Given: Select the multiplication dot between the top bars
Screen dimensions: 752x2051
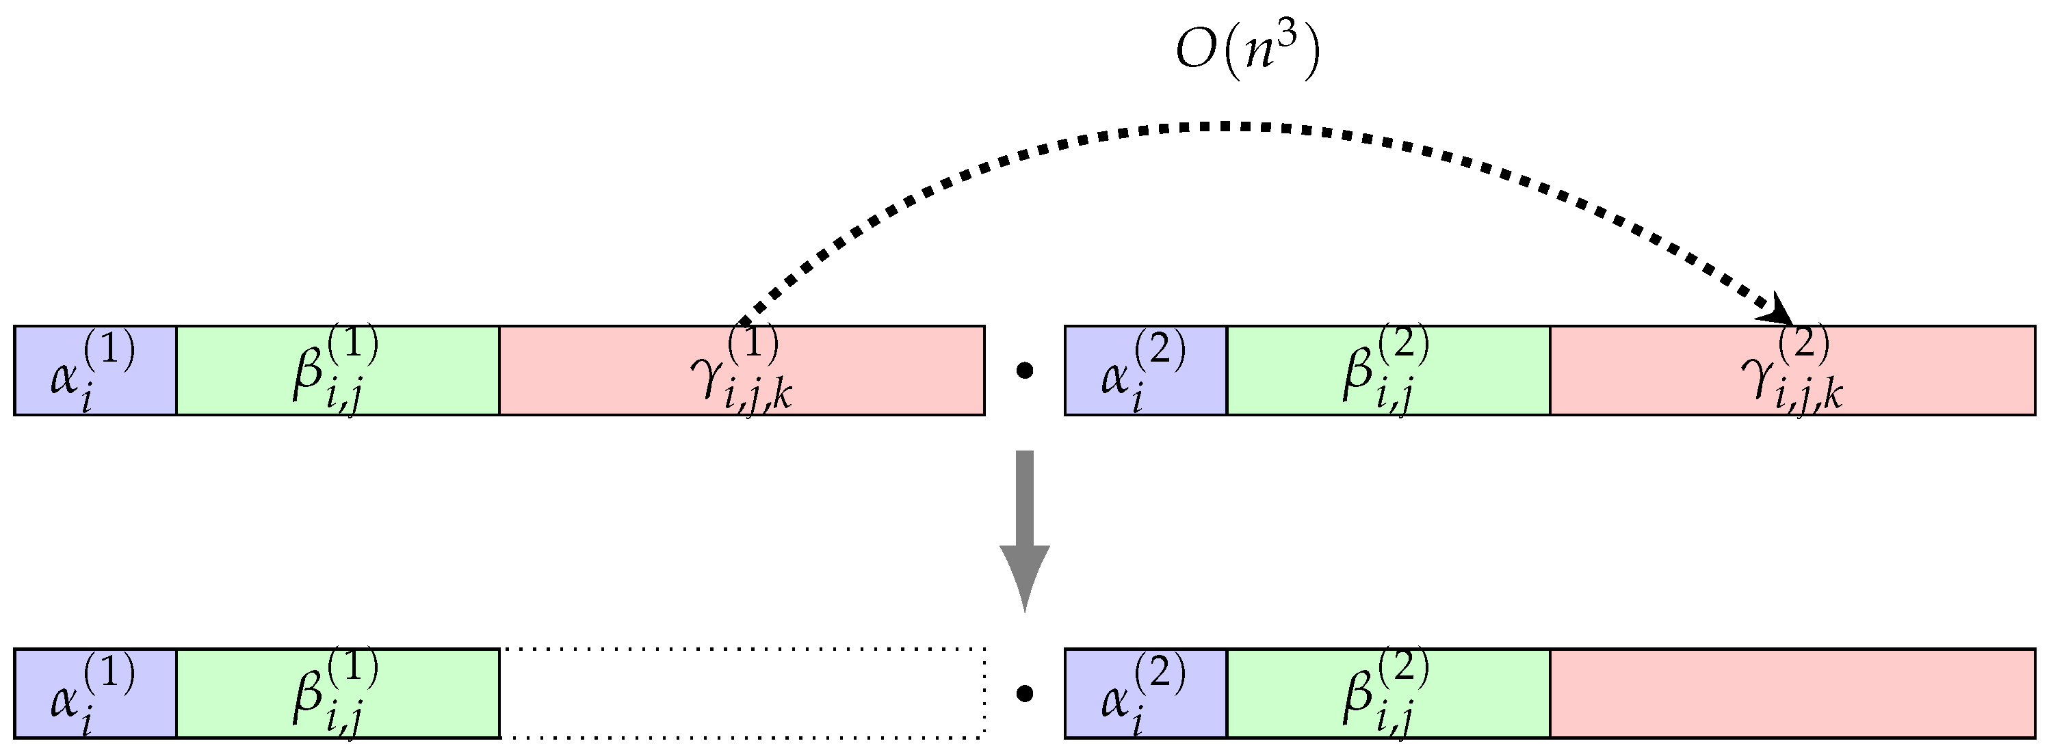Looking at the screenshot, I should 1025,371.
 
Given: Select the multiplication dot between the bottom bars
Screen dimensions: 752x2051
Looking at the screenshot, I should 1025,695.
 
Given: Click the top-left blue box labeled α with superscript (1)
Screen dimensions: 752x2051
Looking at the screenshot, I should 94,371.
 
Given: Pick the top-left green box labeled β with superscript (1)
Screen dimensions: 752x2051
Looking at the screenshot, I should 337,371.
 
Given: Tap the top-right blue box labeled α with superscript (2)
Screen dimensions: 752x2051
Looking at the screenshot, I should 1146,371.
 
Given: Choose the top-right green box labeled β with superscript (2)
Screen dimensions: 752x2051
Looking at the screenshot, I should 1389,371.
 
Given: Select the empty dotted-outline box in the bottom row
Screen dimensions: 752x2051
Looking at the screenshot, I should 742,694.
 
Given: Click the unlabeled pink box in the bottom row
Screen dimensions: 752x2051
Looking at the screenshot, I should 1792,694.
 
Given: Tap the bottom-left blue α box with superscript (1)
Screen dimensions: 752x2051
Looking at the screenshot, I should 94,694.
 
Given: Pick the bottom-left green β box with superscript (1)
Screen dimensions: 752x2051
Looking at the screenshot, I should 337,694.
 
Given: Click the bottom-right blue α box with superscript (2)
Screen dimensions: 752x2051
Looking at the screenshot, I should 1146,694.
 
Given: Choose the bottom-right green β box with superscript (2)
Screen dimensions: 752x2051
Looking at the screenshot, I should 1389,694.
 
